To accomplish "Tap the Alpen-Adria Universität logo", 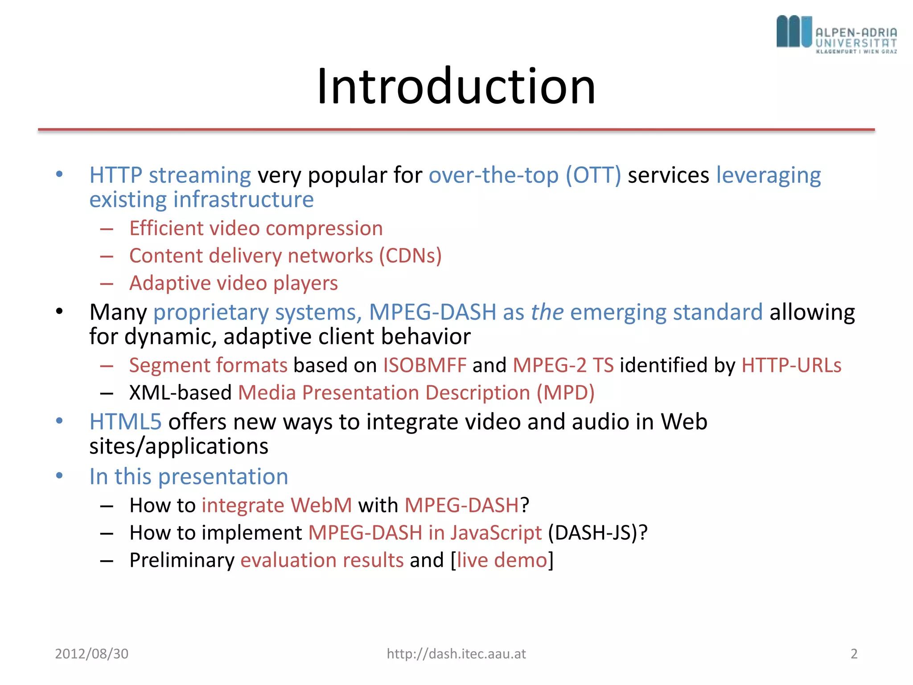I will pos(836,34).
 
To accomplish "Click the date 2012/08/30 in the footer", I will pos(91,654).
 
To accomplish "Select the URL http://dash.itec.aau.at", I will pos(456,654).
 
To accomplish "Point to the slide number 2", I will pos(854,654).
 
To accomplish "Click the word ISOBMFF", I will pos(424,365).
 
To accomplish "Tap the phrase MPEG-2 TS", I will pos(563,365).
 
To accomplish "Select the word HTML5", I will pos(125,421).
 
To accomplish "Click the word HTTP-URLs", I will pos(791,365).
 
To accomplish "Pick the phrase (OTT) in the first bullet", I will pos(593,175).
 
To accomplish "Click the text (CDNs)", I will pos(410,256).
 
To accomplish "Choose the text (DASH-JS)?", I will pos(597,532).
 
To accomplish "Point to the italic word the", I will pos(547,312).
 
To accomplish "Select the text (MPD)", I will pos(565,393).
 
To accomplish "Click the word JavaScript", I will pos(496,532).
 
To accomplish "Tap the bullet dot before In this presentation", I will pos(59,475).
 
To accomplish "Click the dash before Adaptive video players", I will pos(107,284).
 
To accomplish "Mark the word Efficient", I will pos(166,228).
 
